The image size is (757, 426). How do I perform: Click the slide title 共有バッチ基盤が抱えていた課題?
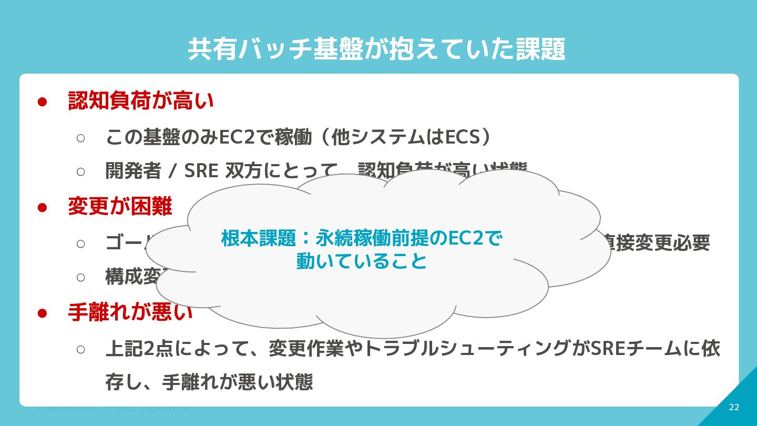[x=376, y=49]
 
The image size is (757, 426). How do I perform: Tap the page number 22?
[x=734, y=408]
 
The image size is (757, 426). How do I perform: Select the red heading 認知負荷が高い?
[x=141, y=101]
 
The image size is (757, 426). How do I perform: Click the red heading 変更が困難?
[x=120, y=207]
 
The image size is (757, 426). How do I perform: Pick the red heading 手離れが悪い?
[x=130, y=313]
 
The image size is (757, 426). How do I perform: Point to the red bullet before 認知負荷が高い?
[x=43, y=102]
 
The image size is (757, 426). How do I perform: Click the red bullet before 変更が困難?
[x=43, y=207]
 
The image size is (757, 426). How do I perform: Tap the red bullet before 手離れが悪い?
[x=43, y=313]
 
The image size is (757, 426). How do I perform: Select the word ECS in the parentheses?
[x=463, y=138]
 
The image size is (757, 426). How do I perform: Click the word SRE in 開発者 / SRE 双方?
[x=200, y=171]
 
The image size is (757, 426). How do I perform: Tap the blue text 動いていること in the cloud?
[x=361, y=261]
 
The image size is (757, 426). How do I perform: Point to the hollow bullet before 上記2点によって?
[x=80, y=349]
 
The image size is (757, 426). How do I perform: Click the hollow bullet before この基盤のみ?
[x=80, y=138]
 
